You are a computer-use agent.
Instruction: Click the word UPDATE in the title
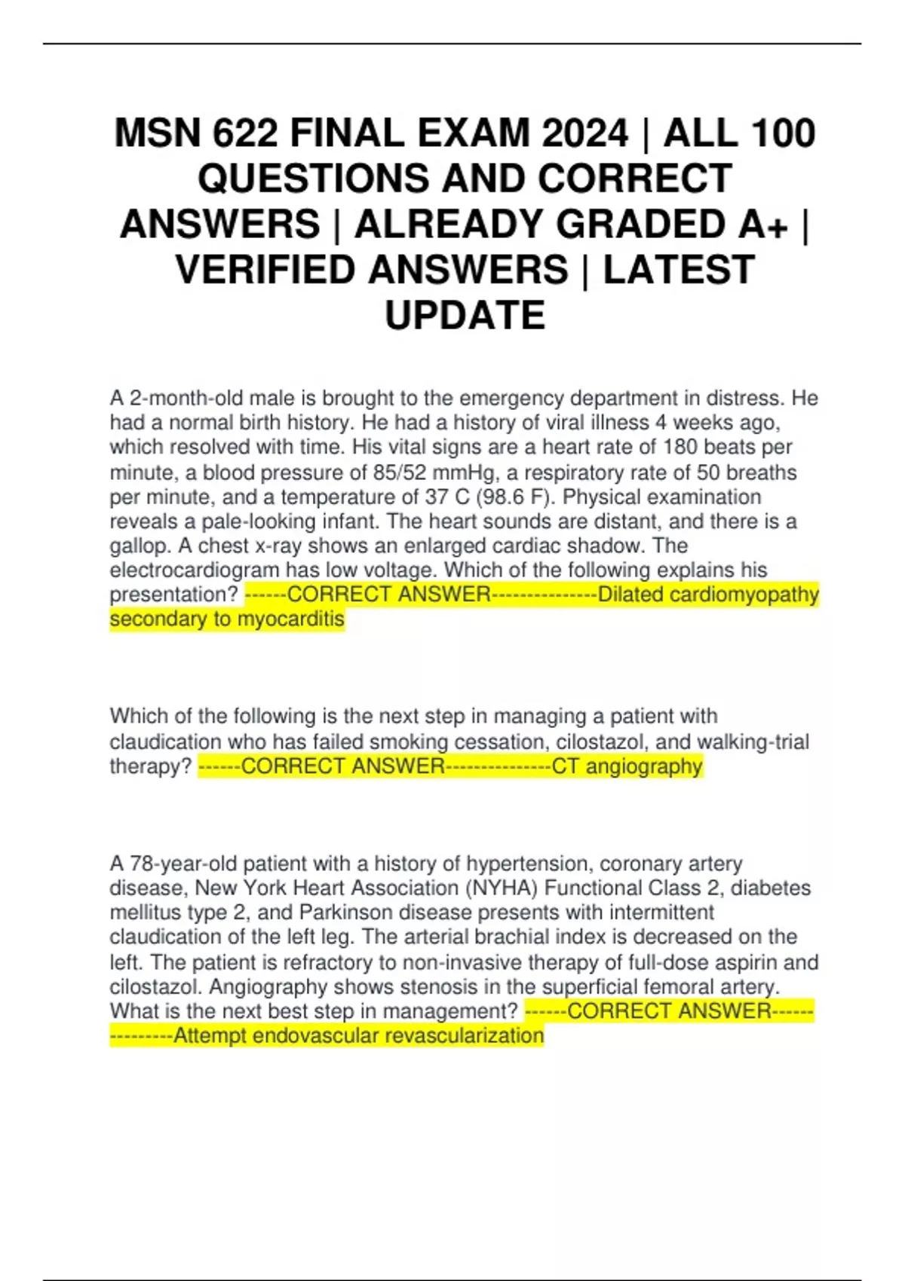tap(465, 315)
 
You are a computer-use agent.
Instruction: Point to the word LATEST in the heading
tap(679, 270)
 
